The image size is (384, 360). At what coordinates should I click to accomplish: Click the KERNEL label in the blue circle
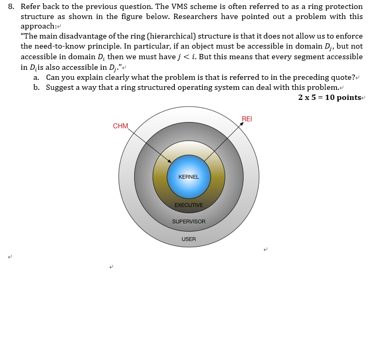click(189, 177)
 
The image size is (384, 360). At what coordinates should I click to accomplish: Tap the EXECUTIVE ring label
click(189, 205)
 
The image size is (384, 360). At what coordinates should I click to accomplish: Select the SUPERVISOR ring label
click(189, 221)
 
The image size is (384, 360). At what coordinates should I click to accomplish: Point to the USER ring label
click(189, 239)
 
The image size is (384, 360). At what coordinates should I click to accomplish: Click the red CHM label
click(120, 126)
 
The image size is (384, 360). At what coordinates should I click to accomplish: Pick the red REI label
click(247, 118)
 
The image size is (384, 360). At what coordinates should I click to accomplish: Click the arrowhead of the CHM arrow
click(170, 162)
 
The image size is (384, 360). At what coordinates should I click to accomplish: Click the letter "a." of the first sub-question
click(36, 77)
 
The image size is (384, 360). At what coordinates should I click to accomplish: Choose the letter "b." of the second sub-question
click(36, 87)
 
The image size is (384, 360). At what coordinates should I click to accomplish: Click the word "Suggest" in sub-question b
click(60, 87)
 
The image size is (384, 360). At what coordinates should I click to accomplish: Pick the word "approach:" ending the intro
click(38, 26)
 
